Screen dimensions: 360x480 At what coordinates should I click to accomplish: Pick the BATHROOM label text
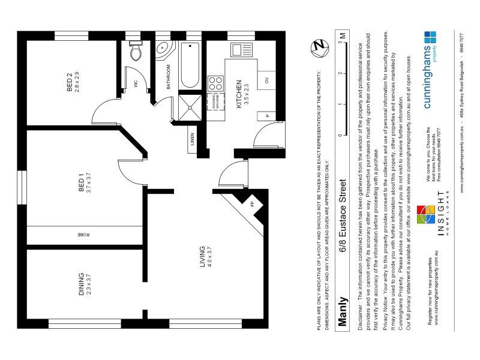pos(169,77)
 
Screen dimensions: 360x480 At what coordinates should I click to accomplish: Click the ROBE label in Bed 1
pos(80,235)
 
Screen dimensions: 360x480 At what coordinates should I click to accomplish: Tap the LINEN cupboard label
pos(193,139)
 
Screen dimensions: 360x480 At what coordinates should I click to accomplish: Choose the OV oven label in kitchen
pos(266,80)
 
